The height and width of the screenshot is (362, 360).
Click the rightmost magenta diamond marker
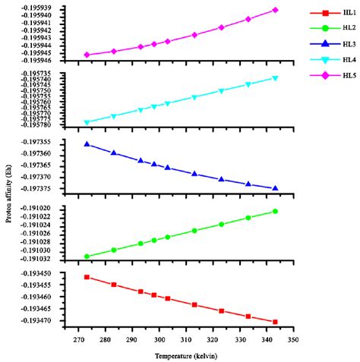[x=275, y=10]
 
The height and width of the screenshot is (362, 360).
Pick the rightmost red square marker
[x=275, y=322]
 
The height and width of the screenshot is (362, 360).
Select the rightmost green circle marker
[x=275, y=211]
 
